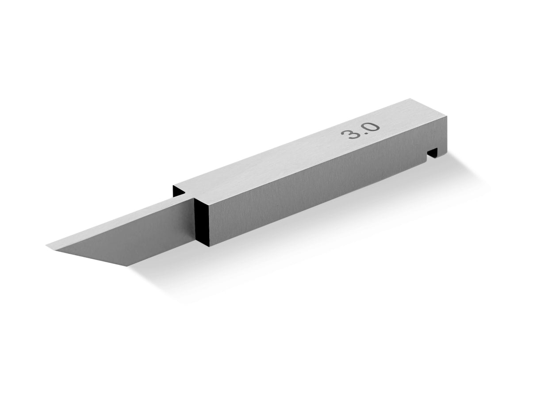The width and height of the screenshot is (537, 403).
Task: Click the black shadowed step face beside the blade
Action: pyautogui.click(x=200, y=221)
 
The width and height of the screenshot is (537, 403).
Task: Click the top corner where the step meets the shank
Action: pyautogui.click(x=195, y=197)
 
